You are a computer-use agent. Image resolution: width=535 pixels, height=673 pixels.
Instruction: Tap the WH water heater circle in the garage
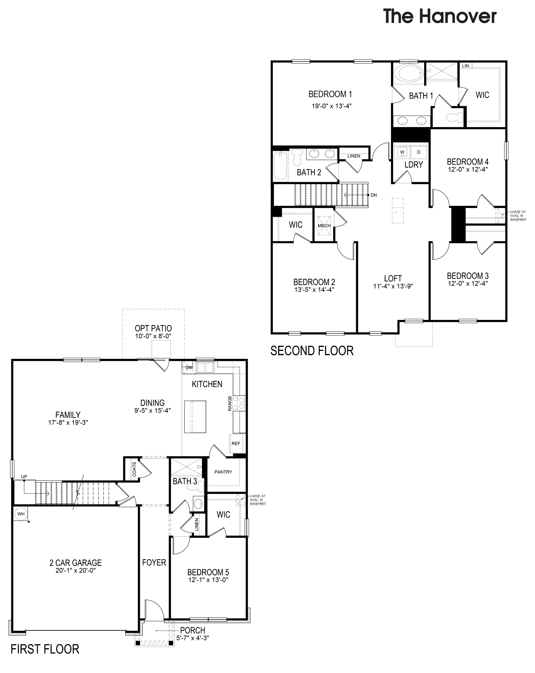pos(21,514)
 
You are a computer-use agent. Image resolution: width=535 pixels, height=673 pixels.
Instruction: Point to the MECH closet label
pos(324,226)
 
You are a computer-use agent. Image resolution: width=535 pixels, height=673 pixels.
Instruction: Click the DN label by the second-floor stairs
pos(374,195)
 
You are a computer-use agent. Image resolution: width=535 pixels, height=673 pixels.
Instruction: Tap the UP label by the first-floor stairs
pos(24,477)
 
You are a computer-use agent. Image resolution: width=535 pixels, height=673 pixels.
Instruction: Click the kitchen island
pos(195,417)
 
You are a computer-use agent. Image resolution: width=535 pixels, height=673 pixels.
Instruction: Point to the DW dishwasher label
pos(189,368)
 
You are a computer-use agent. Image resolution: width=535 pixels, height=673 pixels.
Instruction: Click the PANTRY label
pos(223,472)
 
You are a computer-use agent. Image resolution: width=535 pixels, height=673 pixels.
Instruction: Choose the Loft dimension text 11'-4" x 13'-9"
pos(393,286)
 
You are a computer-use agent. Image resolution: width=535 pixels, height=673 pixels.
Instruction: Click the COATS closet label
pos(134,469)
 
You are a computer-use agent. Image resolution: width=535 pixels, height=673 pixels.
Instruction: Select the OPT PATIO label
pos(153,328)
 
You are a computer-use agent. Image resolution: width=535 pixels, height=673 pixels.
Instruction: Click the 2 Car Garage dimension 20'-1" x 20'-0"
pos(76,570)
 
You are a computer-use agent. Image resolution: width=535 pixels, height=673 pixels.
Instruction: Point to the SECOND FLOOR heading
pos(312,351)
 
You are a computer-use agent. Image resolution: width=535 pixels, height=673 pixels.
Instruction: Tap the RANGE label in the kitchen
pos(230,403)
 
